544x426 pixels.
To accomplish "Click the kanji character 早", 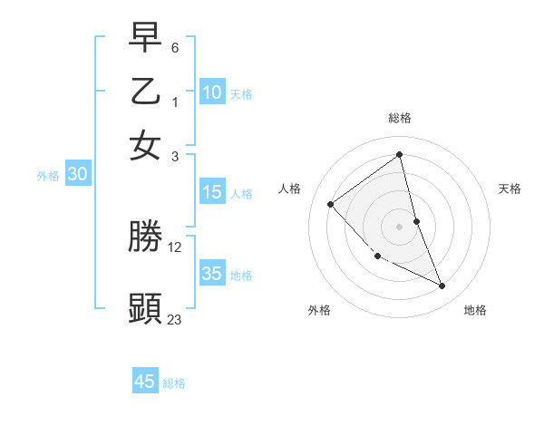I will pos(145,40).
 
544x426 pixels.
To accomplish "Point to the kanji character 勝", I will pos(145,237).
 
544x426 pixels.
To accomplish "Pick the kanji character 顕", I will pos(145,308).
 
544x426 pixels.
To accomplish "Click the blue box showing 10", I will pos(212,92).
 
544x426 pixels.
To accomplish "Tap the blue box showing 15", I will pos(212,192).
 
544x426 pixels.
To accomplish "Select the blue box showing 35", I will pos(212,274).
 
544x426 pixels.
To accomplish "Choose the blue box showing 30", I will pos(77,175).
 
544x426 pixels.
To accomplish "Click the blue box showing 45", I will pos(145,382).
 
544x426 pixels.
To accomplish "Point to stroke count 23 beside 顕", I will pos(174,319).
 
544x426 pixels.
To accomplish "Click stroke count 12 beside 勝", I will pos(175,247).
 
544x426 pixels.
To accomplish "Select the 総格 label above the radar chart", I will pos(400,118).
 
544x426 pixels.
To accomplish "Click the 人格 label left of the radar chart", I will pos(290,189).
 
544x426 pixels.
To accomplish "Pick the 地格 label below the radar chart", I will pos(475,311).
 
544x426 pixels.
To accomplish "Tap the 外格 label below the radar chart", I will pos(319,311).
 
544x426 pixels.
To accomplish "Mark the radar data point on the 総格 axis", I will pos(400,155).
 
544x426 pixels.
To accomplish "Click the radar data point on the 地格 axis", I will pos(442,286).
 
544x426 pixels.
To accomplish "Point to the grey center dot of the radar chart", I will pos(400,226).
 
